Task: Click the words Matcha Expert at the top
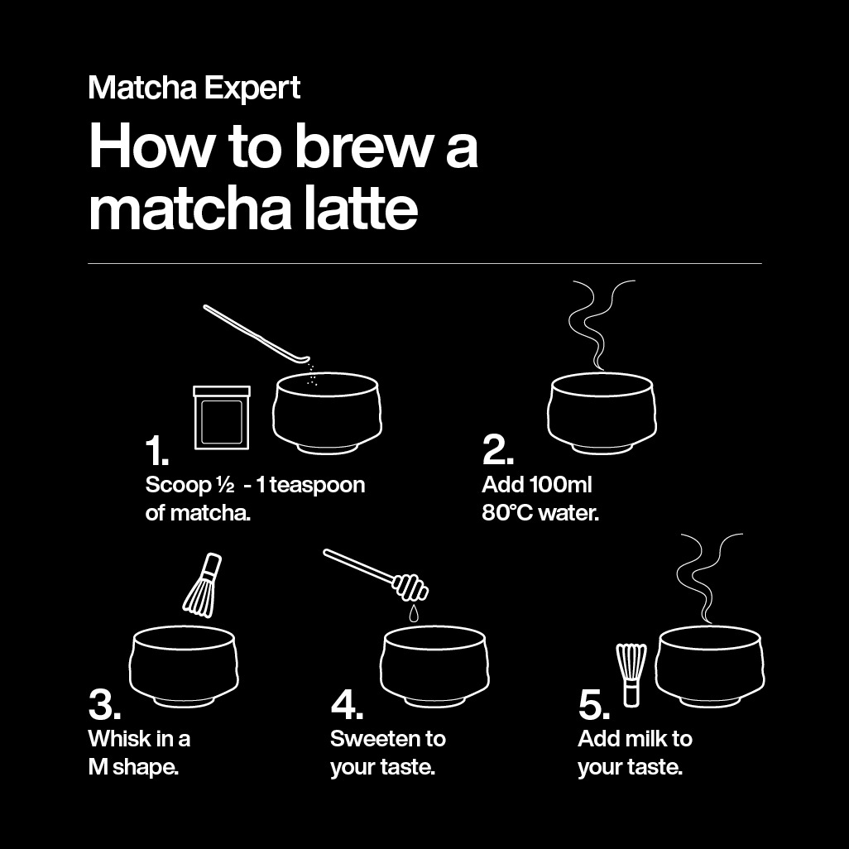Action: (194, 88)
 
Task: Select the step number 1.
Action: (156, 451)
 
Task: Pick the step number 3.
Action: (104, 705)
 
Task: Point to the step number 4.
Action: (347, 705)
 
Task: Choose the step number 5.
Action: (594, 706)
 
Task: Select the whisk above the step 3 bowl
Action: (201, 586)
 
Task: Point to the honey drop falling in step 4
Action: (411, 614)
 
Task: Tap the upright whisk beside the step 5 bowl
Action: (631, 674)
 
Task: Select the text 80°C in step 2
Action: (506, 513)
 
